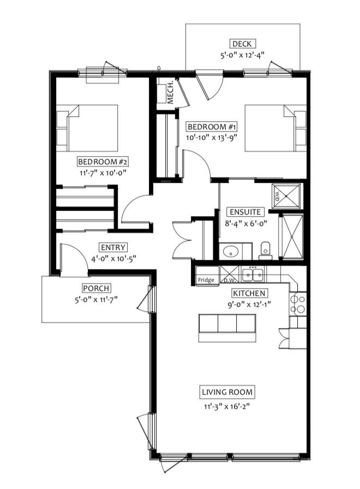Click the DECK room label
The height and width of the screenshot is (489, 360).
[242, 44]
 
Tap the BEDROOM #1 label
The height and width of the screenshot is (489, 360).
[212, 127]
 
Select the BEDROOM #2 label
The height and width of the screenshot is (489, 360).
[103, 162]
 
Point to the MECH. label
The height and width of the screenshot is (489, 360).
[170, 92]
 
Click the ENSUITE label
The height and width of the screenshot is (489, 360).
[245, 212]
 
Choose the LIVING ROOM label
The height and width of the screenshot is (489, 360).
[227, 392]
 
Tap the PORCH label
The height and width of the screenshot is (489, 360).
[97, 288]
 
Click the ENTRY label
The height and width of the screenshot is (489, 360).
[113, 247]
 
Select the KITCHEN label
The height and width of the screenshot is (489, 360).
[249, 293]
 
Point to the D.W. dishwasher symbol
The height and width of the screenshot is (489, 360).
[229, 275]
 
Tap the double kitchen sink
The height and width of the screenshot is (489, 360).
[253, 275]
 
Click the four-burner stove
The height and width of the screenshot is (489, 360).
[298, 304]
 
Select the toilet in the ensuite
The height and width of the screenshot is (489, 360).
[265, 251]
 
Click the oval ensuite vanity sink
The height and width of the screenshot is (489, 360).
[231, 251]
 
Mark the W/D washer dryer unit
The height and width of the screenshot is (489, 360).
[287, 196]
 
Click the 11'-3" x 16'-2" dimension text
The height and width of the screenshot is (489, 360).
[227, 407]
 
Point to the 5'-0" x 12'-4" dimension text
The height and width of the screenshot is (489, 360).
[242, 55]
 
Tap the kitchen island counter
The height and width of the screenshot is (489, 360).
[227, 328]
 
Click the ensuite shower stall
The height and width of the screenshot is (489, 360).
[292, 236]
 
